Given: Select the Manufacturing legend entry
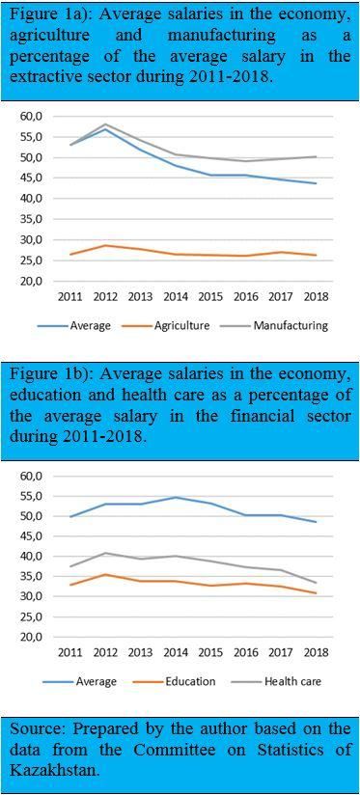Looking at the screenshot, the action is [x=283, y=325].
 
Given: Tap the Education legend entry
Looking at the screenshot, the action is [x=177, y=681].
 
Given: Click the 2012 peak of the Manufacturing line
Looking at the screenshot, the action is [x=106, y=123].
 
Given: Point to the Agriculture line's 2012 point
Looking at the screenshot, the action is [x=106, y=245].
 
